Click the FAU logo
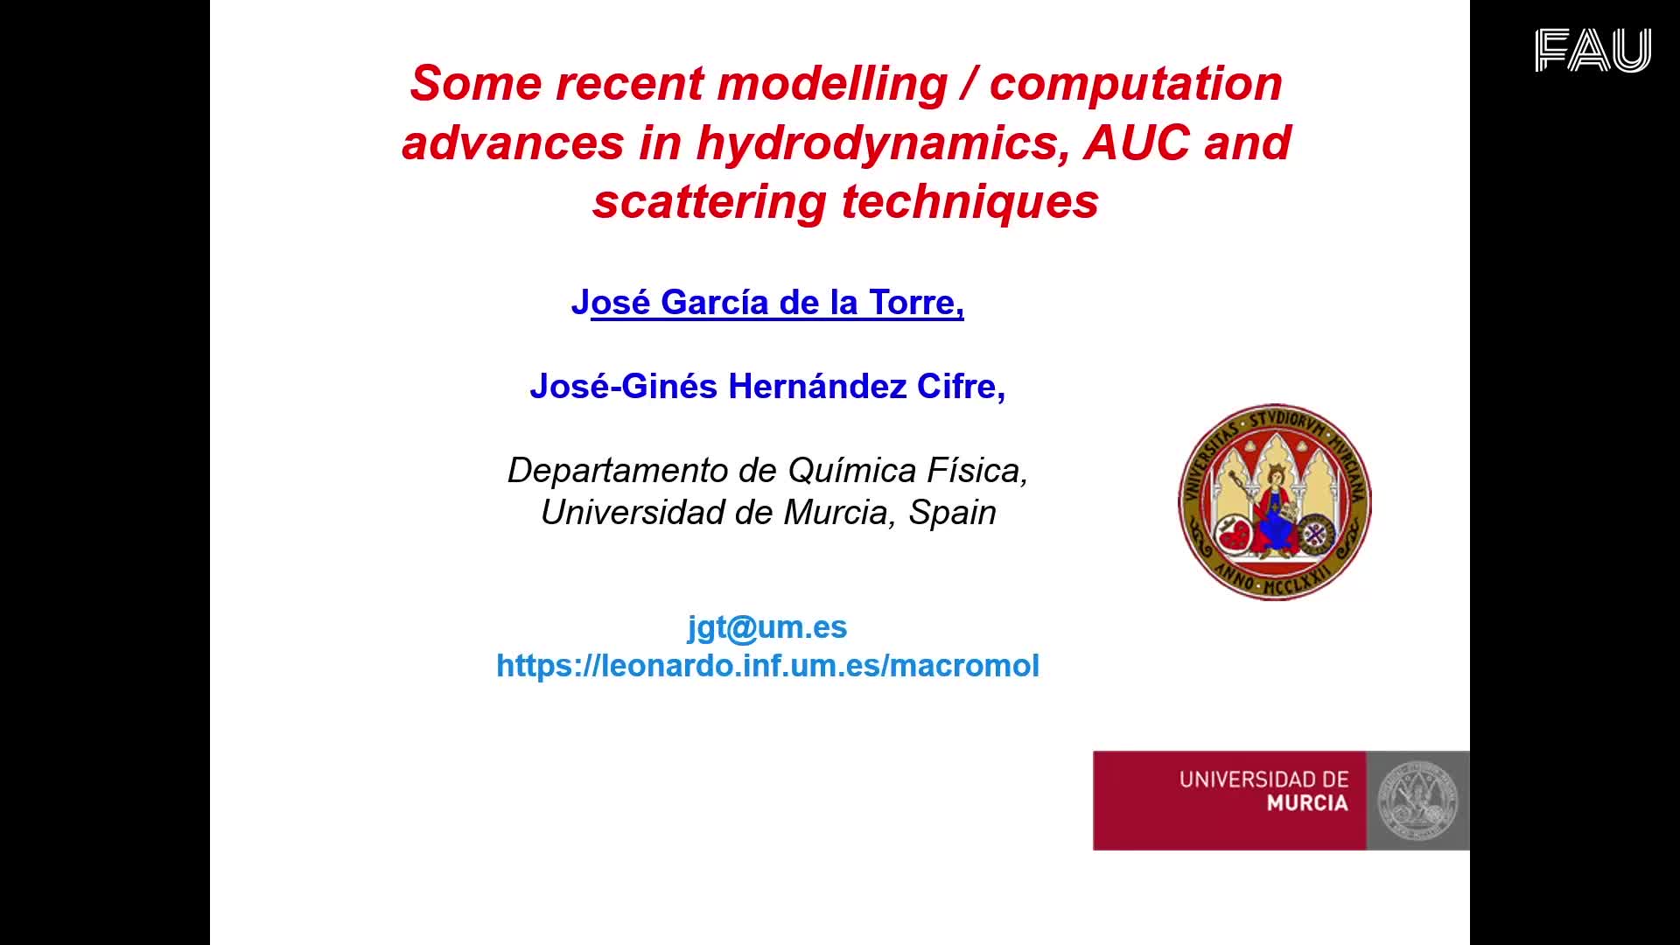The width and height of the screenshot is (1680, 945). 1592,50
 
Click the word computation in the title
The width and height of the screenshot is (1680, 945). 1136,84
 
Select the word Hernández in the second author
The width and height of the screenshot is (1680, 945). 818,386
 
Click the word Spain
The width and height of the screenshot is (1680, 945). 952,513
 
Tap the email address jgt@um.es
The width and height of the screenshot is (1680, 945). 767,627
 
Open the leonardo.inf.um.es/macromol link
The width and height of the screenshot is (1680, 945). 767,666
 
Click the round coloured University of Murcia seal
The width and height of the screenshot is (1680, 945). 1275,502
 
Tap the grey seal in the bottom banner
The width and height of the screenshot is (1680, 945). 1417,801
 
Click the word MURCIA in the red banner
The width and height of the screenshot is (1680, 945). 1307,803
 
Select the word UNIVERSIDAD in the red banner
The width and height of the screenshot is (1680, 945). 1243,780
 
